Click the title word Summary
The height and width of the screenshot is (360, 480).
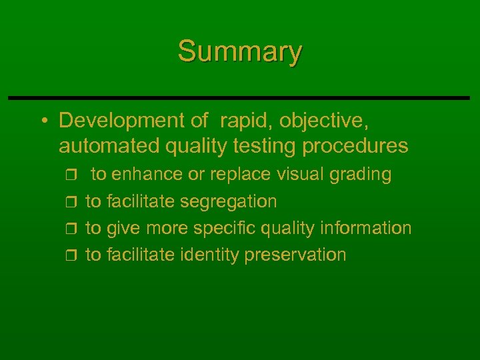(x=240, y=51)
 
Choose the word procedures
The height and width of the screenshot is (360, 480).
(x=354, y=145)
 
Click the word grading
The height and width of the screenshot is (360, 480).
(x=361, y=175)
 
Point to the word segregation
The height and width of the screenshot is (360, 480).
(x=228, y=201)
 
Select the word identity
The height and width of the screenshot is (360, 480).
(x=210, y=255)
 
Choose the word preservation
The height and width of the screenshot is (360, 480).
(x=295, y=255)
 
